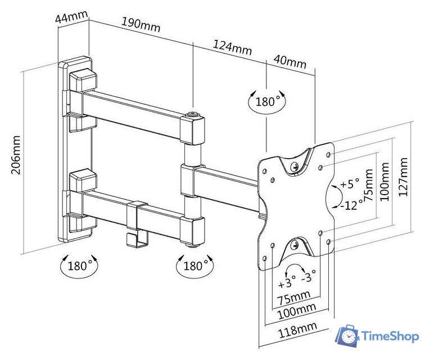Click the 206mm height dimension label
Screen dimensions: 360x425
(x=17, y=155)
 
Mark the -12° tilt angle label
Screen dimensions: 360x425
(x=351, y=205)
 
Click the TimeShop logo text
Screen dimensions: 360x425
(x=390, y=336)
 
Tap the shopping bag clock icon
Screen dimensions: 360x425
(x=347, y=336)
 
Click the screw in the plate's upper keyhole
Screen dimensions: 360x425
(x=295, y=166)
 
